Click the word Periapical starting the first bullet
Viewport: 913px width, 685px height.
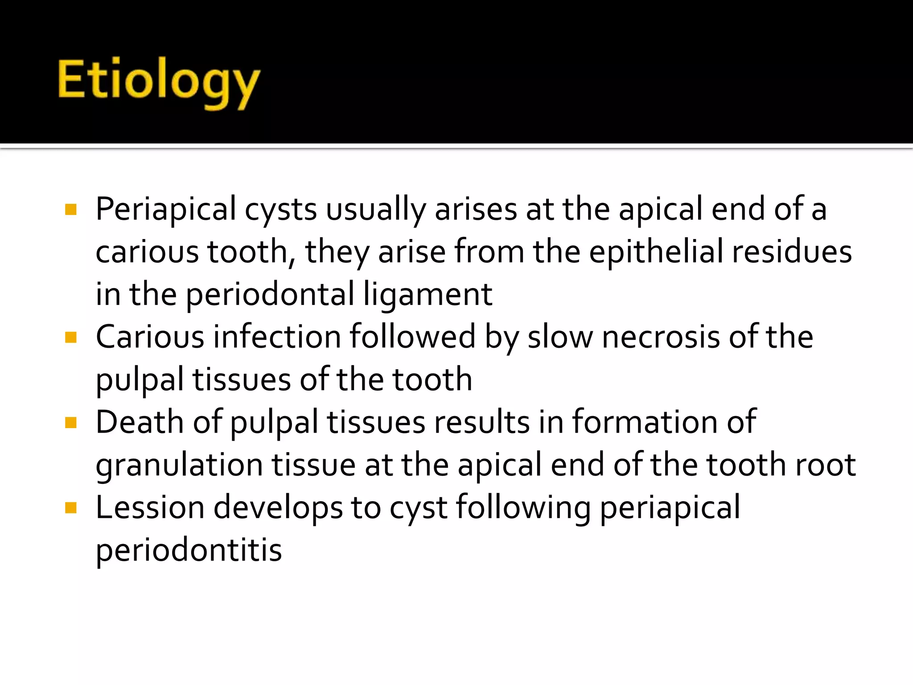click(x=165, y=209)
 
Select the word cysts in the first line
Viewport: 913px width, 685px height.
click(x=280, y=209)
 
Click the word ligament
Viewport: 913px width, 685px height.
click(x=428, y=294)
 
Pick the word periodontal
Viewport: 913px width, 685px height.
click(x=270, y=294)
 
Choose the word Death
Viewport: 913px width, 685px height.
click(x=139, y=422)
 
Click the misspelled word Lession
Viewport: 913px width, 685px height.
click(x=150, y=508)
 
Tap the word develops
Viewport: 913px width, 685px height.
click(x=278, y=508)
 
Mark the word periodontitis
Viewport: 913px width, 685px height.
click(x=189, y=550)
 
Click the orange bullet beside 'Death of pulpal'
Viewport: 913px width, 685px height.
click(x=71, y=422)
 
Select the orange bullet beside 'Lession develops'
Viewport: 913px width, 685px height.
click(x=71, y=508)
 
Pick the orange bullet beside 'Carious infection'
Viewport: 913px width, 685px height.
click(x=71, y=337)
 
